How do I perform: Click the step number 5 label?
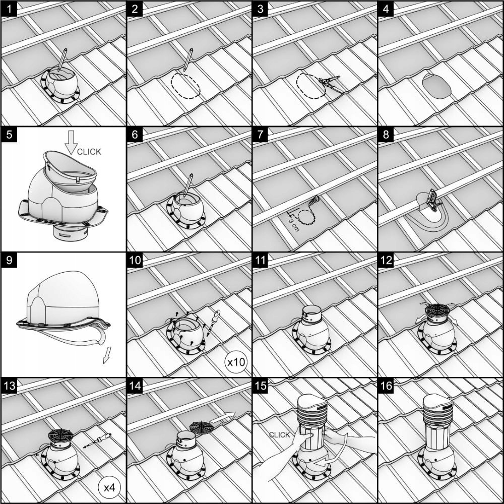(9, 135)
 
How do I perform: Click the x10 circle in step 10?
(236, 362)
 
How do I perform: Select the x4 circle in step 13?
(109, 487)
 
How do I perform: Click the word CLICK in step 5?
(89, 152)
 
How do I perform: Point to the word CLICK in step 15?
(279, 435)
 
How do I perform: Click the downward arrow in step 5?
(71, 143)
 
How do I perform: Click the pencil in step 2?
(188, 59)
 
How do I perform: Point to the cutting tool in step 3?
(330, 83)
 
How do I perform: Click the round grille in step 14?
(200, 428)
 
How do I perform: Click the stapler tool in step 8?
(432, 200)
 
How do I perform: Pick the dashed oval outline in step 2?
(185, 86)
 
